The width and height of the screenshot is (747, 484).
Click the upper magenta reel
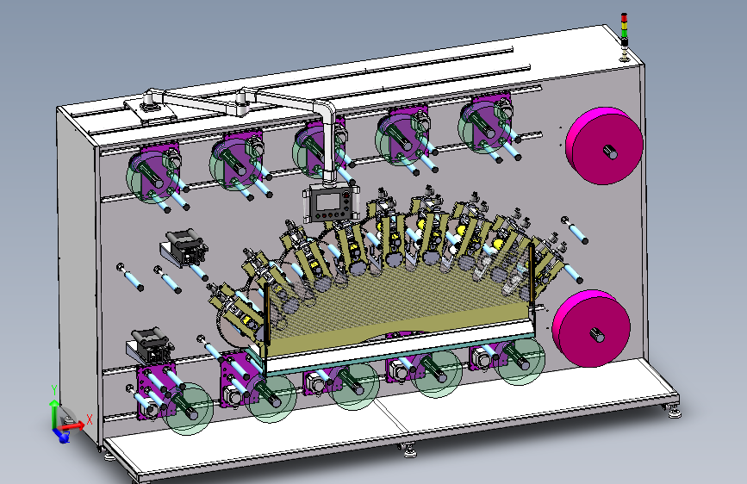[x=604, y=146]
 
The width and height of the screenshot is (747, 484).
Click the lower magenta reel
[x=591, y=328]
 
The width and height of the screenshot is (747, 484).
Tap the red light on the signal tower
[x=624, y=17]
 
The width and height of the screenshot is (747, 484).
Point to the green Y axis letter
[x=53, y=390]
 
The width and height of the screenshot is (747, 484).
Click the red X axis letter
[x=89, y=419]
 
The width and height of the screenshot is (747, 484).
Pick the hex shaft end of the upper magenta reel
[x=610, y=152]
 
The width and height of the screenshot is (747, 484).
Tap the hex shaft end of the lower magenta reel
[x=597, y=335]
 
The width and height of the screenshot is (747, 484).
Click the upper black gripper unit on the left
[x=184, y=246]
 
